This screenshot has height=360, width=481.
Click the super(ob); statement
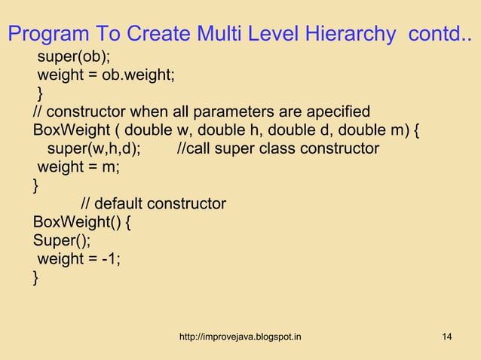(x=72, y=58)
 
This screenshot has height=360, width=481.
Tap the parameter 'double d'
(x=313, y=131)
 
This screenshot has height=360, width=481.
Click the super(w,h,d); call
(x=93, y=148)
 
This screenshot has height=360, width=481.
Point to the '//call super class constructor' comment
(x=277, y=148)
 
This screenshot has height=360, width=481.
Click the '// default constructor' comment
(x=153, y=203)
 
